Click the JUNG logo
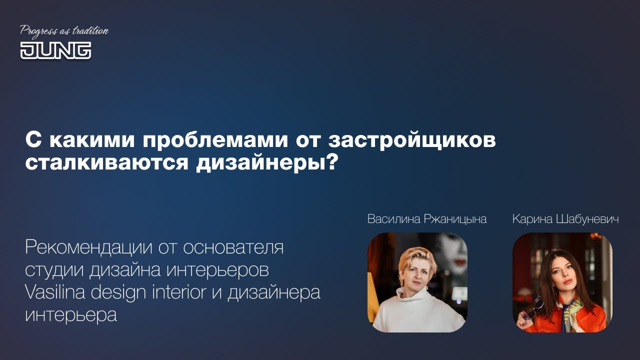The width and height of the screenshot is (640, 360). coord(55,50)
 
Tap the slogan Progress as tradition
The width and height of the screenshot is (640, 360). coord(64,31)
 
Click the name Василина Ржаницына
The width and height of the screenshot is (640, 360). coord(426,219)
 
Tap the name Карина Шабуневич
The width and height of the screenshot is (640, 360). coord(565,219)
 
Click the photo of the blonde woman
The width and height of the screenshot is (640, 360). coord(417,282)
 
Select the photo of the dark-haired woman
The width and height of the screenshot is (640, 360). coord(562,282)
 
